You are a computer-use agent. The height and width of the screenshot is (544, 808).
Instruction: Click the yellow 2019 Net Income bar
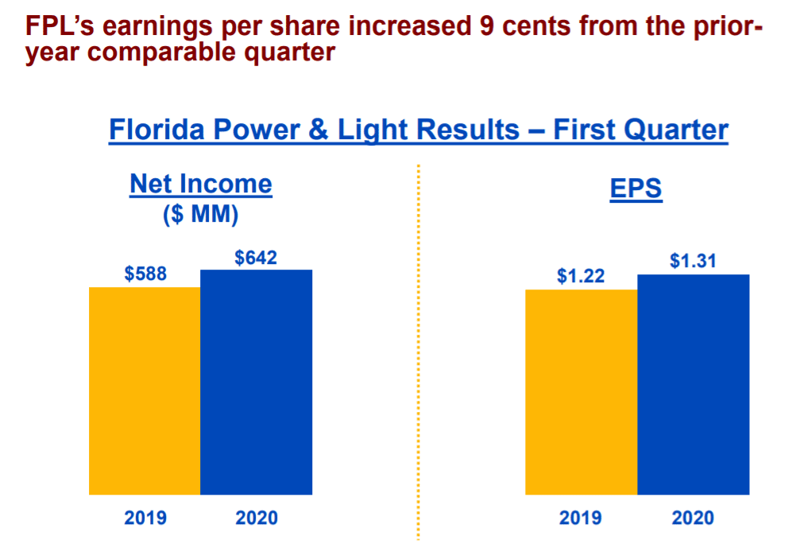(145, 391)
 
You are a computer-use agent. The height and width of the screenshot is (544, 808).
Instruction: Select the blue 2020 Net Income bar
(256, 382)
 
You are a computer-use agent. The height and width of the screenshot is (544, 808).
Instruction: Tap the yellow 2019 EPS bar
(582, 392)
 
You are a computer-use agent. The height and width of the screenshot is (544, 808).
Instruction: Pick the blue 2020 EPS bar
(693, 384)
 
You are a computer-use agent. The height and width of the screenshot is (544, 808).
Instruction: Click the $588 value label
(145, 274)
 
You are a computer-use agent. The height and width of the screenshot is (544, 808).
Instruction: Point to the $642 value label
(256, 258)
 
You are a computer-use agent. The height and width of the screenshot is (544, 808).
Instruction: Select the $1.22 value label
(581, 277)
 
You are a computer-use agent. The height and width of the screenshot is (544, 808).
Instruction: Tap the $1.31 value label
(693, 261)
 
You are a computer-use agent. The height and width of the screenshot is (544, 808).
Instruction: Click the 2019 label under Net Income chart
(145, 518)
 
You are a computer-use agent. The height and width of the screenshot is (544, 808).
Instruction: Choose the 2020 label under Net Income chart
(257, 518)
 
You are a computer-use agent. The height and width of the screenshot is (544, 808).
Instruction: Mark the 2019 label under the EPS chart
(581, 518)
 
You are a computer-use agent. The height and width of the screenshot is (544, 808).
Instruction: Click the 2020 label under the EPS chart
(693, 518)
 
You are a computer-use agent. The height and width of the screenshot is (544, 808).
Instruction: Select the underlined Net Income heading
(200, 185)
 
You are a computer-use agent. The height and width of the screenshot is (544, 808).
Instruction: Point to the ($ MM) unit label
(200, 215)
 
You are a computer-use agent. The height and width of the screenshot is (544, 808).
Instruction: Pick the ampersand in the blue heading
(316, 130)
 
